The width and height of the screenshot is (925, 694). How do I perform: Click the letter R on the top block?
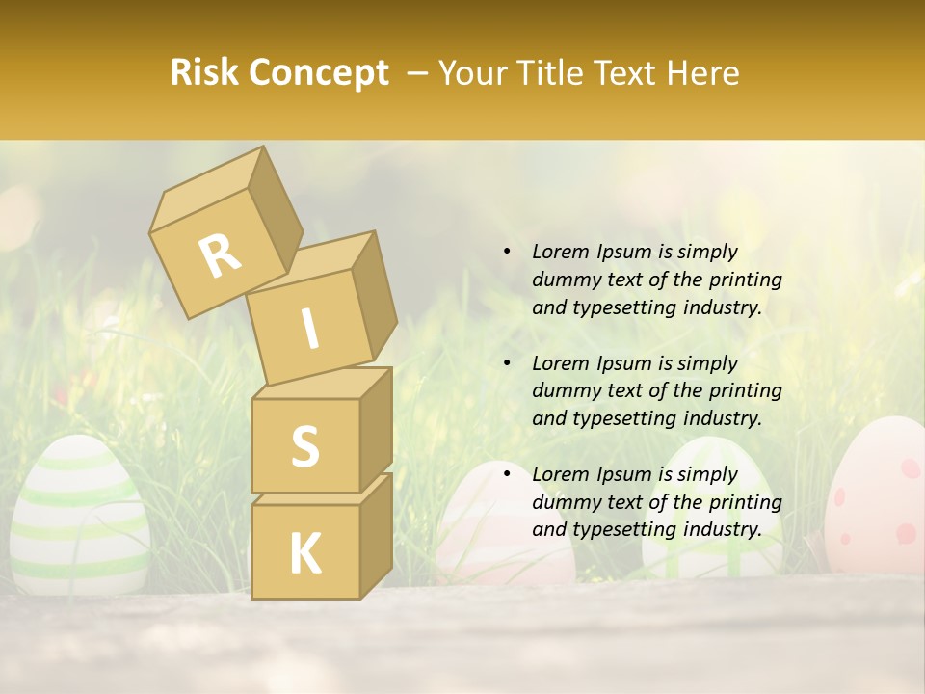click(220, 255)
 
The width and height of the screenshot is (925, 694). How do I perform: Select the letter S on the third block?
click(304, 446)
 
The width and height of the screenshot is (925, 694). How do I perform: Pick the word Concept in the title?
click(318, 73)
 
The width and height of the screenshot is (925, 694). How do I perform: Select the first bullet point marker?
click(507, 253)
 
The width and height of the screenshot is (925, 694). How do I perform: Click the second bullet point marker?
click(507, 364)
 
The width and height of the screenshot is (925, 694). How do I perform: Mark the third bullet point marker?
click(507, 475)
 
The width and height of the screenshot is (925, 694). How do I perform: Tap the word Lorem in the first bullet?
click(559, 252)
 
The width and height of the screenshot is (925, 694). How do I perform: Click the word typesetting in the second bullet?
click(622, 418)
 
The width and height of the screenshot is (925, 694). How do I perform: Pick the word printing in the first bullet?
click(745, 280)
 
